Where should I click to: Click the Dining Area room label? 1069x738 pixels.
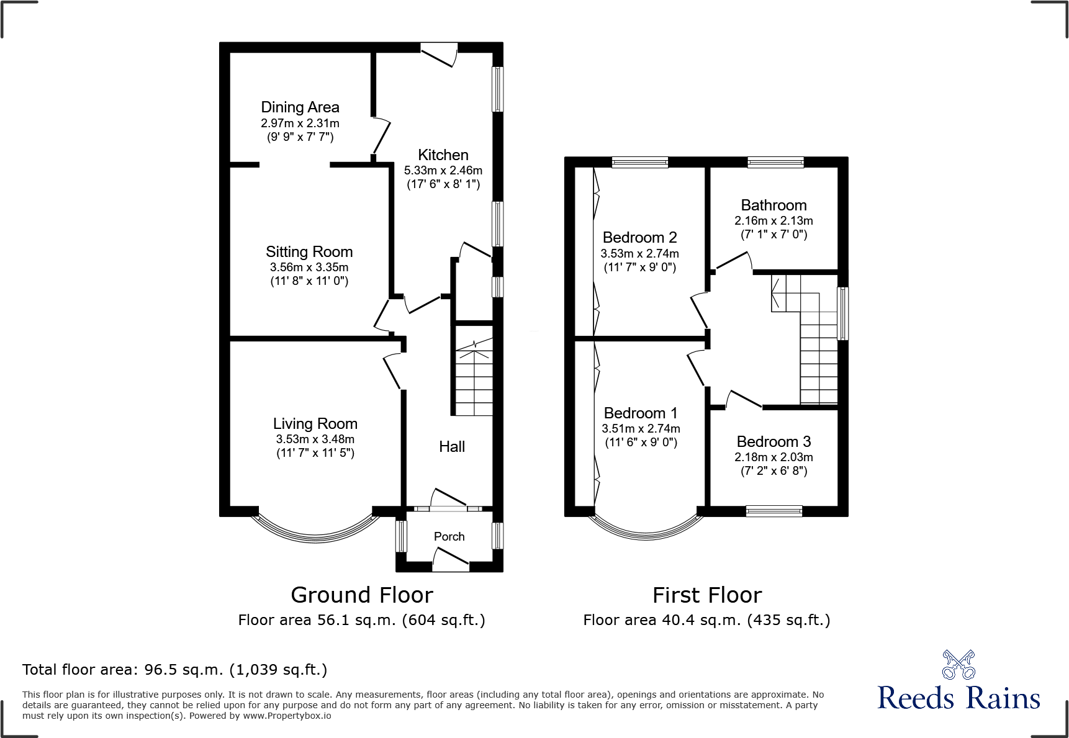[300, 107]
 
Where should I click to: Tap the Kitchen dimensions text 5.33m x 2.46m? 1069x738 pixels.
[443, 170]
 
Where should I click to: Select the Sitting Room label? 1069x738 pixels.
[309, 251]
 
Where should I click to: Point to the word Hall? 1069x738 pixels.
[451, 446]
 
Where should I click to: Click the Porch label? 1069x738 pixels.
[449, 536]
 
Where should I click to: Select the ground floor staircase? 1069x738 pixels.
[474, 379]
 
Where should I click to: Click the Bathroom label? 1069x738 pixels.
[774, 205]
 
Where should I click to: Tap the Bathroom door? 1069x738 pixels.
[733, 262]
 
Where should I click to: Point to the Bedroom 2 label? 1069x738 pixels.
[639, 238]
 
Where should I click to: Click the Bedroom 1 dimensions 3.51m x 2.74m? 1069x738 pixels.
[641, 429]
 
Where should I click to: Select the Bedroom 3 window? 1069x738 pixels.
[774, 511]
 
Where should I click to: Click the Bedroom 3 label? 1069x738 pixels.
[774, 442]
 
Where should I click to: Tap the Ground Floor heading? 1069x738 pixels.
[362, 595]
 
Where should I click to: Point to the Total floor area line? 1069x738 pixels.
[174, 670]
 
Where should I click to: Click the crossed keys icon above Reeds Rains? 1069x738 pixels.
[958, 665]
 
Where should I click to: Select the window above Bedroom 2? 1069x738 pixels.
[639, 163]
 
